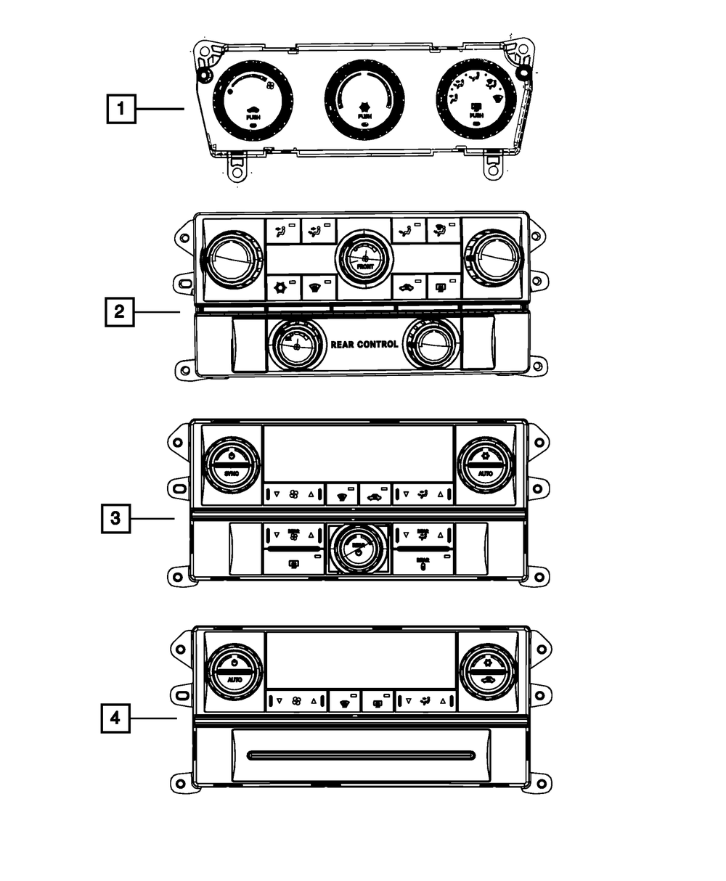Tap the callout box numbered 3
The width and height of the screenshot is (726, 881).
click(115, 518)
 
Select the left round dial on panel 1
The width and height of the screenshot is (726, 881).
click(252, 98)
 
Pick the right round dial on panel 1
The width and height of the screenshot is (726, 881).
click(476, 97)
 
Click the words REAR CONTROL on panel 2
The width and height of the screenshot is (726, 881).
click(364, 344)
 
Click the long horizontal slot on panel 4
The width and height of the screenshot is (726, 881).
click(361, 755)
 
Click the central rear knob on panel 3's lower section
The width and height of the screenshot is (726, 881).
click(358, 548)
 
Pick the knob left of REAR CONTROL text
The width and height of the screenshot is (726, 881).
click(296, 344)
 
